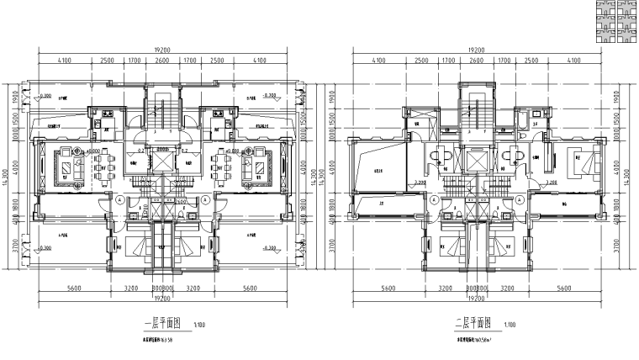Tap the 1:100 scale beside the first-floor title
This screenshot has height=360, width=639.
(x=198, y=325)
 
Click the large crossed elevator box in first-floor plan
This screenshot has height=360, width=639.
(x=161, y=158)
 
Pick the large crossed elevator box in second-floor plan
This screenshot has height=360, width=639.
(x=477, y=158)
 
